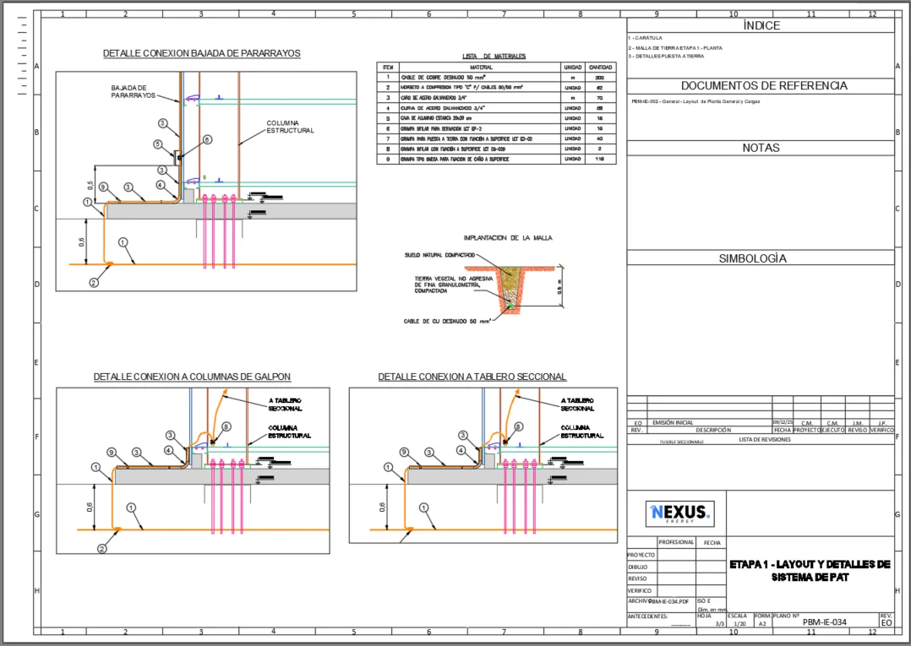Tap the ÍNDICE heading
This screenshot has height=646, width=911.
click(761, 25)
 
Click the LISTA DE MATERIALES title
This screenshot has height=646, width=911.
click(494, 57)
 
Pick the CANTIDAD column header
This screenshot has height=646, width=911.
click(600, 67)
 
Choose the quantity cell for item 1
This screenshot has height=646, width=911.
click(600, 77)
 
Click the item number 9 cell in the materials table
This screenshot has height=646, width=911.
click(388, 159)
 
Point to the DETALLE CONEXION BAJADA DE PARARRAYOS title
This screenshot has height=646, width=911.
click(201, 53)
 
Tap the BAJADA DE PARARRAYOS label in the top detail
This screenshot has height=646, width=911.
click(133, 91)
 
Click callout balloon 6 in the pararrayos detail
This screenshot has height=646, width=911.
click(207, 139)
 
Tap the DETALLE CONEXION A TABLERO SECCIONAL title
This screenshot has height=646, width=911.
click(472, 377)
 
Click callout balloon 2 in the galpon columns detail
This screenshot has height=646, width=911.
click(102, 548)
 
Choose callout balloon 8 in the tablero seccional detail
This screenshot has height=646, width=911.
click(518, 427)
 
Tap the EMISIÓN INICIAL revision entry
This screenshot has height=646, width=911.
click(673, 422)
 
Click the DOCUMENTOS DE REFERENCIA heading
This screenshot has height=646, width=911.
click(761, 85)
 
